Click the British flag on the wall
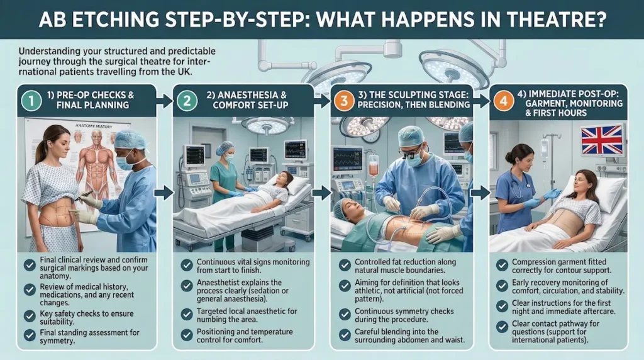(x=601, y=140)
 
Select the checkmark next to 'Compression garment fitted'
(x=502, y=264)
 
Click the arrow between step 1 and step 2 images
(x=164, y=193)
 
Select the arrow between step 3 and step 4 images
(x=479, y=193)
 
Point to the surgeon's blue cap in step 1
(x=130, y=139)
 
